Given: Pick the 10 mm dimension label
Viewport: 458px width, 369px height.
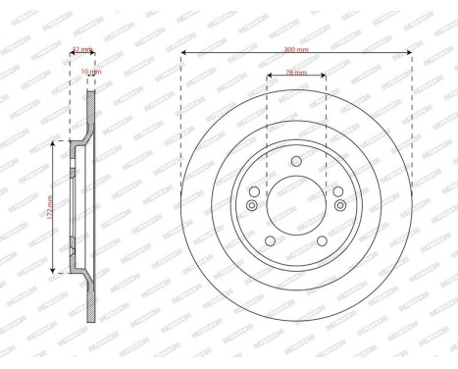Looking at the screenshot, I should pos(89,72).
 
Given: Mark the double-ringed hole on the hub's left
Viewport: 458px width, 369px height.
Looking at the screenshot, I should pos(252,204).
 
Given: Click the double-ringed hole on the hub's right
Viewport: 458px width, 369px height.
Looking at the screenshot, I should pos(340,204).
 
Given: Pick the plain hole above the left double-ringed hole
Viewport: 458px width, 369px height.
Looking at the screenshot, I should pos(255,190).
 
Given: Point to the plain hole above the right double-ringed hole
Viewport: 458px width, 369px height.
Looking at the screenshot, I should pos(337,190).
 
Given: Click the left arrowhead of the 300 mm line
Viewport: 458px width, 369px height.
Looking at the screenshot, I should pos(183,52).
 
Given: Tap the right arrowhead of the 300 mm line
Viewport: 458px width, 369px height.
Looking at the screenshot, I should pos(410,52).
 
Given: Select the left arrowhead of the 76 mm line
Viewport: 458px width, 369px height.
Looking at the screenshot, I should pos(269,79).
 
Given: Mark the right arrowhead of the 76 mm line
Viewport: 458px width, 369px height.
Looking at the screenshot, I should pos(325,79).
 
